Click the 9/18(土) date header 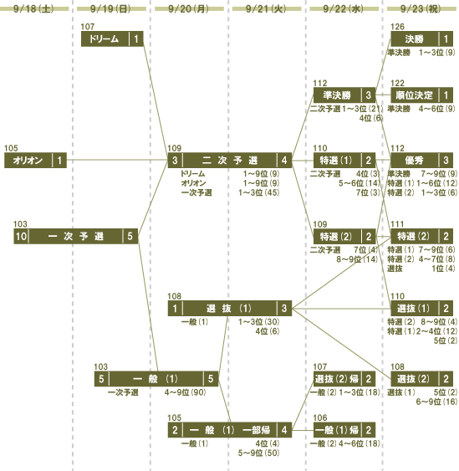coord(33,8)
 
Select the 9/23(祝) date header coord(421,8)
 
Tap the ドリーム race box coord(112,38)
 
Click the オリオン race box coord(35,160)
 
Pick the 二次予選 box coord(230,160)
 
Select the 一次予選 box coord(75,236)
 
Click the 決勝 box coord(421,38)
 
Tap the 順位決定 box coord(421,95)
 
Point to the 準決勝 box coord(344,95)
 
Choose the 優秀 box coord(421,160)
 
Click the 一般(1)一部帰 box coord(230,430)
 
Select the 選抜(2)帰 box coord(344,379)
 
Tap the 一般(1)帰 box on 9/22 coord(344,430)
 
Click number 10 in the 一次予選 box coord(21,236)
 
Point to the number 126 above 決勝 coord(397,27)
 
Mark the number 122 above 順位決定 coord(397,83)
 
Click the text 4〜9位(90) coord(186,392)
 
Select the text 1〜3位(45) coord(259,192)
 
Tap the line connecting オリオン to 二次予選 coord(117,160)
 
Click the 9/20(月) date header coord(188,8)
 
